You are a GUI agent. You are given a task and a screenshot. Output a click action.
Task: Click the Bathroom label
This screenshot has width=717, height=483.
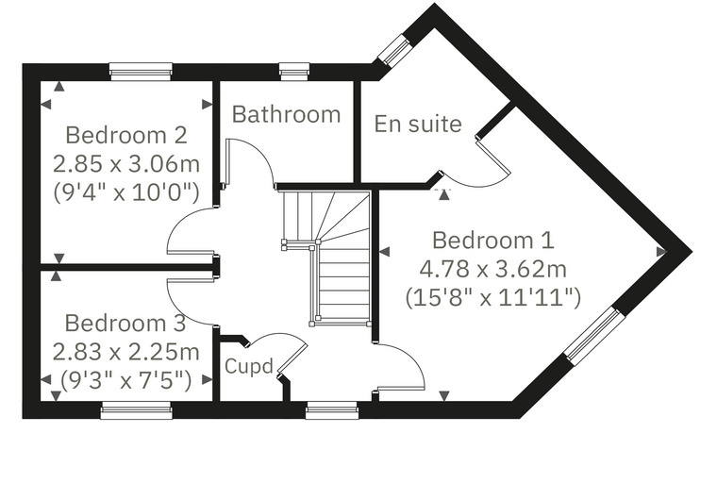point(286,114)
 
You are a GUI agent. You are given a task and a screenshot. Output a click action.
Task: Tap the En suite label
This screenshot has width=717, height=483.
point(418,124)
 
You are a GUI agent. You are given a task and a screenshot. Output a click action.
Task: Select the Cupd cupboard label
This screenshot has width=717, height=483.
point(249,366)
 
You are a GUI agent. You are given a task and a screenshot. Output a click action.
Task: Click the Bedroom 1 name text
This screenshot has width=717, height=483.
point(493,241)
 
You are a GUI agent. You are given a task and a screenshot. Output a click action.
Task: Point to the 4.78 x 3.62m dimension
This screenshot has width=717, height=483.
point(493,269)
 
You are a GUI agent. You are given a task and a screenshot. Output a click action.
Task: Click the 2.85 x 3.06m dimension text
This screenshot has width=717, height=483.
point(126,164)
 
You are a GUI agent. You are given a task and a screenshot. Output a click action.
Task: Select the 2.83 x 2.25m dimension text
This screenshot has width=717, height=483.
point(126,352)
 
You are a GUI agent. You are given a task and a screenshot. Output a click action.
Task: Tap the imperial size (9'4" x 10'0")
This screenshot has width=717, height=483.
point(126,192)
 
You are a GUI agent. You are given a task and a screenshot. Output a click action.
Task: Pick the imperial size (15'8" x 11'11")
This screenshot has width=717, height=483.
point(493,298)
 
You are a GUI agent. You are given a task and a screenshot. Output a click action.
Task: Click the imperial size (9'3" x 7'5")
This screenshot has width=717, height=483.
point(126,380)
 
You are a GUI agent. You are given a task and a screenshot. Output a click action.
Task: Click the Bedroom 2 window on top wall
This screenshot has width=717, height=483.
point(141,72)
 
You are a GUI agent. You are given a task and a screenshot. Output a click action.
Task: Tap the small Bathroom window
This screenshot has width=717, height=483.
point(294,72)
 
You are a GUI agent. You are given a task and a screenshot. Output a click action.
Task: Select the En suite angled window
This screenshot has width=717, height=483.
point(393,49)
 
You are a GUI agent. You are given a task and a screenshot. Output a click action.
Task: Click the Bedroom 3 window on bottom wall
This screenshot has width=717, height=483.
point(136,410)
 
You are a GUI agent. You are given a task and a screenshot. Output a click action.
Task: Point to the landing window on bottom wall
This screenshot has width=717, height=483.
point(332,410)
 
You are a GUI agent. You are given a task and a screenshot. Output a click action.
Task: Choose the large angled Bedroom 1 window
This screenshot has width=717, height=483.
point(594,337)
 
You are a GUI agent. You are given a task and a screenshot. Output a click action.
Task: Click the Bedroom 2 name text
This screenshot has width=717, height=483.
point(126,136)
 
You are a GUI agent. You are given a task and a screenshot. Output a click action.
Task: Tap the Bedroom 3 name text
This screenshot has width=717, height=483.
point(125,324)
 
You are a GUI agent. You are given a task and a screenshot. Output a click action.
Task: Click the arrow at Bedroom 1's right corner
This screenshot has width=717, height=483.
point(661,252)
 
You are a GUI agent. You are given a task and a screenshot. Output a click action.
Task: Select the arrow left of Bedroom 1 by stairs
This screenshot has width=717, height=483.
point(385,252)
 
